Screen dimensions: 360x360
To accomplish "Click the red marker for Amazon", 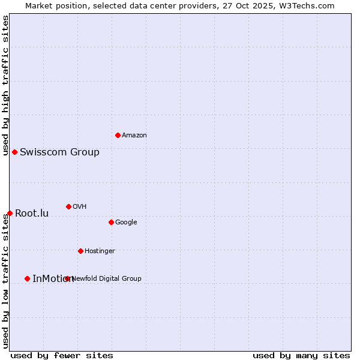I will coord(118,135).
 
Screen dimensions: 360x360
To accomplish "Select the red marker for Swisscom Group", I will coord(14,152).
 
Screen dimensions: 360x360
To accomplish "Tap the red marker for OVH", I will coord(68,206).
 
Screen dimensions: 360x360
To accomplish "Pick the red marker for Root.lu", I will coord(10,213).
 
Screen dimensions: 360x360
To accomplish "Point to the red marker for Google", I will coord(111,222).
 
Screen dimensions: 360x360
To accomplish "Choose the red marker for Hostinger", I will coord(80,251).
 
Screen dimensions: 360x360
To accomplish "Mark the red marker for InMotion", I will coord(27,278).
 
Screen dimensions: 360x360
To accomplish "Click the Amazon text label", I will coord(134,136).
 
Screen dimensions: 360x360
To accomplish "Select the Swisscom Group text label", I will coord(59,152).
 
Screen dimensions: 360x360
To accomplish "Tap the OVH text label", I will coord(80,207).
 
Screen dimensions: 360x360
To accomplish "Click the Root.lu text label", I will coord(32,214).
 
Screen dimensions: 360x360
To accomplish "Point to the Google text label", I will coord(126,223).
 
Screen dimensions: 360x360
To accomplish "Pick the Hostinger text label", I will coord(100,251).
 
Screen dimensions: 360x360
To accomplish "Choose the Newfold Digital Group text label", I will coord(107,279).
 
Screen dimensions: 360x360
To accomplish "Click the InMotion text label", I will coord(53,279).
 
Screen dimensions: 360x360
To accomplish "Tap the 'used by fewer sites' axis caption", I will coord(62,356).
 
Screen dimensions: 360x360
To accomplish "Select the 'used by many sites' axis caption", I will coord(301,356).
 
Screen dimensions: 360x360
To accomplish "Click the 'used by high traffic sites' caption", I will coord(6,85).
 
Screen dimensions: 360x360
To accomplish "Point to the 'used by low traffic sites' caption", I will coord(6,281).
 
